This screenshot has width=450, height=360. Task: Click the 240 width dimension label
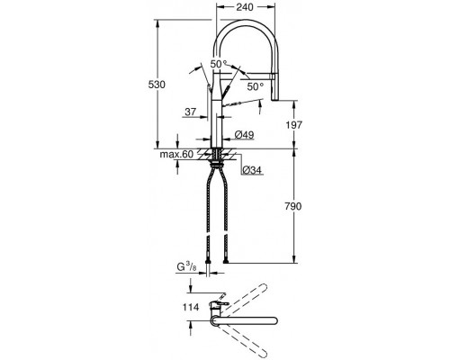click(245, 7)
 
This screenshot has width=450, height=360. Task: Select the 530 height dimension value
click(157, 85)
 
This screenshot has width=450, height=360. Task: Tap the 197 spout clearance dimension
click(293, 125)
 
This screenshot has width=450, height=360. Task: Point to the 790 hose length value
click(293, 206)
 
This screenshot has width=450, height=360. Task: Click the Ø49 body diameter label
click(244, 135)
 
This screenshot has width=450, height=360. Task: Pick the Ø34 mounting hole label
click(252, 170)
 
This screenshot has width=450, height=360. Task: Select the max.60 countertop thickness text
click(176, 155)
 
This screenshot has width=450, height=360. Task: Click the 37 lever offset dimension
click(191, 112)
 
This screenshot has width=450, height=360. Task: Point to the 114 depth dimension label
click(190, 307)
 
